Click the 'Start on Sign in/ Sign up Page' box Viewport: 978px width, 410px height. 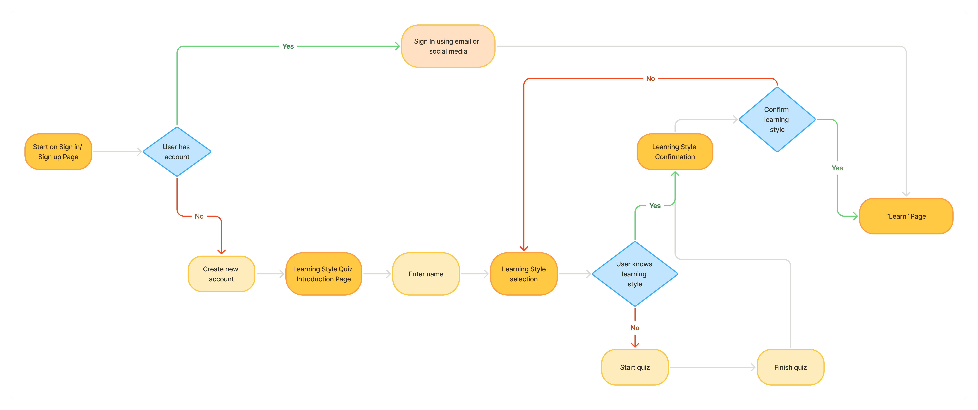pos(58,152)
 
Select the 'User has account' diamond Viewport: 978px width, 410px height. pos(177,152)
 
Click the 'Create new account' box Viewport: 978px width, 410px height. pos(221,274)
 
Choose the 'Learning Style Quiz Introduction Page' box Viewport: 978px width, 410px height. pos(323,274)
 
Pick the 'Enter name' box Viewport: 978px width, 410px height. pos(426,274)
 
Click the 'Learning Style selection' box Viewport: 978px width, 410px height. pos(524,274)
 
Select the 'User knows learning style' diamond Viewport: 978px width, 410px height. pos(635,274)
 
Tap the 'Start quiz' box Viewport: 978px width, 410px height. pos(635,367)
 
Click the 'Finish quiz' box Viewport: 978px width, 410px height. pos(790,367)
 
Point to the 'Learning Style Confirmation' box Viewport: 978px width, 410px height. pos(675,152)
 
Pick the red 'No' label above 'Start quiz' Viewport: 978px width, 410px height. pos(635,328)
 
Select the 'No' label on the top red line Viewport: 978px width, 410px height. pos(650,79)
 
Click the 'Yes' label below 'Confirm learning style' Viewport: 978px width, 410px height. pos(837,168)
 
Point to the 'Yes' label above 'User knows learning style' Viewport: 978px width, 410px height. pos(655,206)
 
